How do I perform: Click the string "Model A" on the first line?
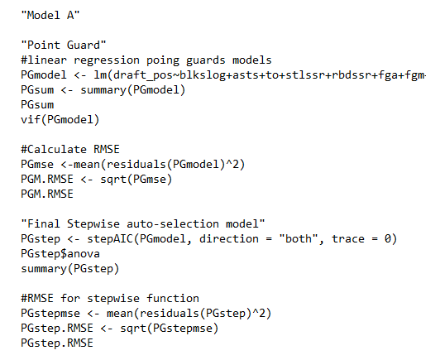point(50,15)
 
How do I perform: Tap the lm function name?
point(100,75)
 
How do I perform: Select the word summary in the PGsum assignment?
point(103,90)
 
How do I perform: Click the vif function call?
point(60,120)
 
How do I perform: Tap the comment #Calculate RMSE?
point(70,149)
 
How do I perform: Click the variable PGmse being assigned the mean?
point(37,164)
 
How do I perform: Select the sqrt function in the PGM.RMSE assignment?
point(113,180)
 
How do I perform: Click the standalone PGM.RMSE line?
point(47,194)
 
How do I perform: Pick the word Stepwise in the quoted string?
point(93,224)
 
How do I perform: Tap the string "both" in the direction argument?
point(299,239)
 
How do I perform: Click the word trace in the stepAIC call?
point(348,239)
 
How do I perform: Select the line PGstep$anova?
point(60,254)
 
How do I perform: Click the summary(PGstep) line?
point(70,269)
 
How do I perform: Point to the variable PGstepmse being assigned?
point(50,314)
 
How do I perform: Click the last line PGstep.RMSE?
point(57,343)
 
